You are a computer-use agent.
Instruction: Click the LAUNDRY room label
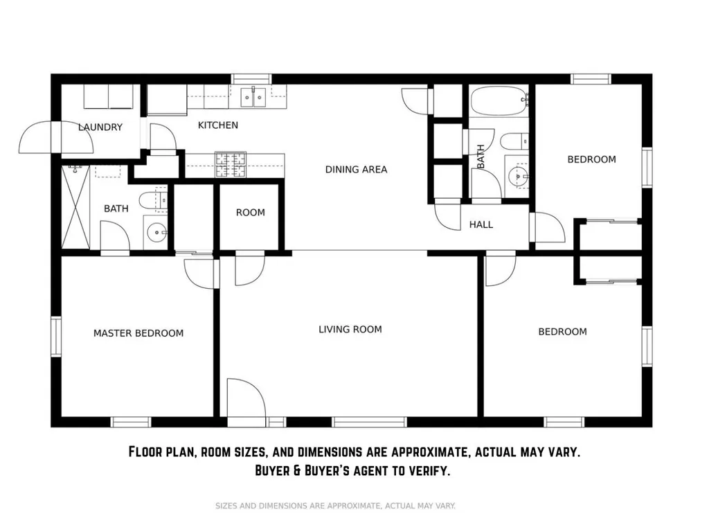[100, 127]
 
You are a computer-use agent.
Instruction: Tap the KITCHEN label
[218, 125]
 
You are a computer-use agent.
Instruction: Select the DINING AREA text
[357, 170]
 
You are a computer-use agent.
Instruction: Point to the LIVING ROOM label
[350, 329]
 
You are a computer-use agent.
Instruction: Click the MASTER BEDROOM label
[138, 333]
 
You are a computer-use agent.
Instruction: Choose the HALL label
[481, 225]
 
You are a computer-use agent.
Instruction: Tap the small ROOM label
[251, 213]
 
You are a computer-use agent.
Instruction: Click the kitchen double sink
[253, 97]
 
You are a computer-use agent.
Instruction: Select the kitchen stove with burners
[231, 164]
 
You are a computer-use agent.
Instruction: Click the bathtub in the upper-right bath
[499, 102]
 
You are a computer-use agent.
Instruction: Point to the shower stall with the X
[75, 206]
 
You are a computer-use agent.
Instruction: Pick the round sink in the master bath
[156, 233]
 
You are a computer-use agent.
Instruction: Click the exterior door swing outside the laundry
[55, 136]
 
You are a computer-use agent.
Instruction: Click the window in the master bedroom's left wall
[55, 337]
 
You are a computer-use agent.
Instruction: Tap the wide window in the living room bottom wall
[370, 422]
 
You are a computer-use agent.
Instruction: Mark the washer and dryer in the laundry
[109, 97]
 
